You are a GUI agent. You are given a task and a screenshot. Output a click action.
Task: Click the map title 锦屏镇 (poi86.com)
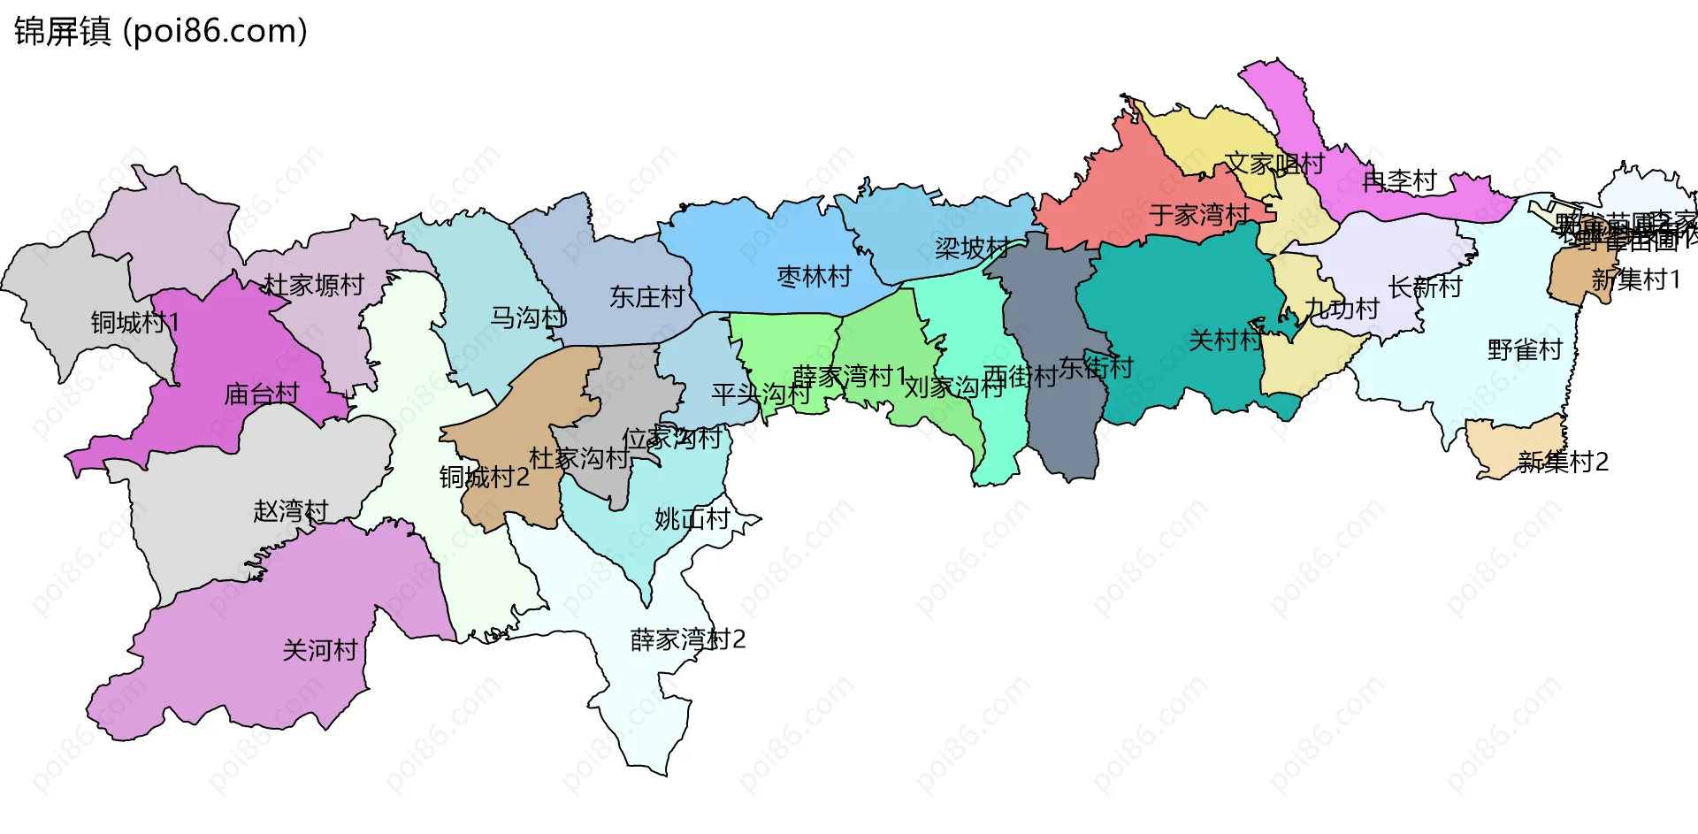point(160,31)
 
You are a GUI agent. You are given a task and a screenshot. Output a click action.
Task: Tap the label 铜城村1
point(134,323)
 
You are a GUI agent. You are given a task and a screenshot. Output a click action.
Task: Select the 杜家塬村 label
point(313,285)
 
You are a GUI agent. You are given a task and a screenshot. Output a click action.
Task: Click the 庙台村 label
point(262,394)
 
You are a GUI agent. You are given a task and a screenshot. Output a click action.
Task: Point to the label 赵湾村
point(290,511)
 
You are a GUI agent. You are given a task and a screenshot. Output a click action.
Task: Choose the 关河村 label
point(319,651)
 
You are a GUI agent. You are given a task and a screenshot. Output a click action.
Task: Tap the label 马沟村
point(528,318)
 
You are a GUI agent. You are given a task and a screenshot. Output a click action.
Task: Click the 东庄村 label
point(646,297)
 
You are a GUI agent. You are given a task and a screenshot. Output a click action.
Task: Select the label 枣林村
point(814,277)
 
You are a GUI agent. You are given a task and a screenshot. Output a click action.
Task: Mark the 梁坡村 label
point(972,248)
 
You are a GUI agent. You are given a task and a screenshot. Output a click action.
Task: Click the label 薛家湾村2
point(687,639)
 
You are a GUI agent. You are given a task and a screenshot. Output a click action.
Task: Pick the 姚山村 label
point(692,519)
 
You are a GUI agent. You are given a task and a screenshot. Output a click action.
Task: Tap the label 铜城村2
point(484,478)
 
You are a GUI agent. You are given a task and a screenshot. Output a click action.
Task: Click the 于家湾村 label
point(1199,214)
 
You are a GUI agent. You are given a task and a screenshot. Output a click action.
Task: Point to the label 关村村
point(1225,340)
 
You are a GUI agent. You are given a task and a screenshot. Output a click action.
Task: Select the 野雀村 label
point(1525,350)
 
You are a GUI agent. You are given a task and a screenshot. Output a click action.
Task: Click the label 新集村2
point(1563,462)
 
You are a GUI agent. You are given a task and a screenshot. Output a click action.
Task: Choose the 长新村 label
point(1425,287)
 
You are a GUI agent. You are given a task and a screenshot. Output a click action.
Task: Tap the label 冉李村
point(1399,181)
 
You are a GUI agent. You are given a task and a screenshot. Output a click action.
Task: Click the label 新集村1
point(1635,280)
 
